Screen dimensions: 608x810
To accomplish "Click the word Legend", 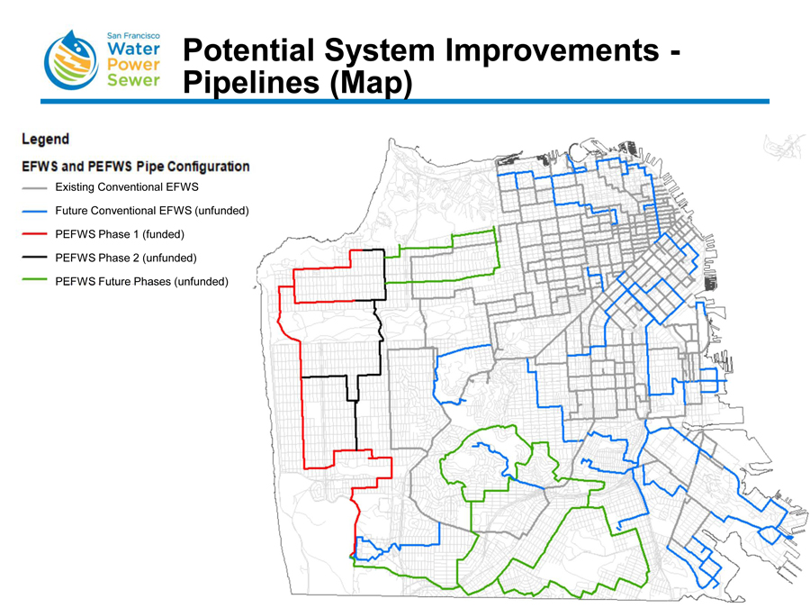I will pyautogui.click(x=45, y=140).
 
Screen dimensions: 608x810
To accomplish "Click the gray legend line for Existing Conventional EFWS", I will pyautogui.click(x=35, y=188).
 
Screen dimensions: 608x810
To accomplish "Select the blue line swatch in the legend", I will pyautogui.click(x=35, y=212).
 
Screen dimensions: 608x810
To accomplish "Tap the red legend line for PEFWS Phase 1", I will pyautogui.click(x=35, y=235).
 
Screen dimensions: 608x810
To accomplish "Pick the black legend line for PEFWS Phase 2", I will pyautogui.click(x=35, y=259).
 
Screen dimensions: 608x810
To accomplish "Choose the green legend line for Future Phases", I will pyautogui.click(x=35, y=282).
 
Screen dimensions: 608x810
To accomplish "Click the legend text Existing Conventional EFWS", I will pyautogui.click(x=126, y=188).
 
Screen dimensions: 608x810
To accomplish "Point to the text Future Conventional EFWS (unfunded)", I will pyautogui.click(x=151, y=212).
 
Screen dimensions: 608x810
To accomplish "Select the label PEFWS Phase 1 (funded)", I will pyautogui.click(x=120, y=235).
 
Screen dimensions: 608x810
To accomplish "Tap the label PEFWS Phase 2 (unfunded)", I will pyautogui.click(x=126, y=259).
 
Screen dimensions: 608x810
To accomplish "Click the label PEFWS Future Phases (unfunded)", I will pyautogui.click(x=142, y=282).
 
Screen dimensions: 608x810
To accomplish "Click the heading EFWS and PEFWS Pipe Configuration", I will pyautogui.click(x=136, y=167).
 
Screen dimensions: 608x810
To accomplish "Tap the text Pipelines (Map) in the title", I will pyautogui.click(x=297, y=83).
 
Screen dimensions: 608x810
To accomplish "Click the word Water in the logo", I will pyautogui.click(x=133, y=48).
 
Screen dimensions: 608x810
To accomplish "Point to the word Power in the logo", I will pyautogui.click(x=133, y=65).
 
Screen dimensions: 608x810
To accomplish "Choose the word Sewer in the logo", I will pyautogui.click(x=133, y=81).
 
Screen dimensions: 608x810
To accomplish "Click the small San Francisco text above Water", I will pyautogui.click(x=133, y=32).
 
